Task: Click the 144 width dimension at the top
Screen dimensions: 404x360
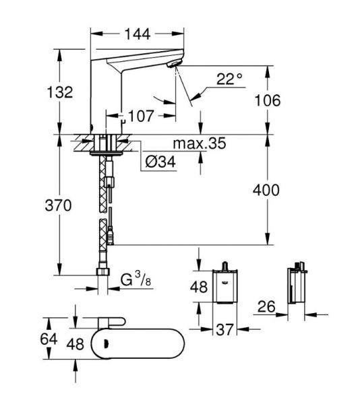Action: [138, 32]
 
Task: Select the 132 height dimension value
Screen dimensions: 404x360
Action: [60, 92]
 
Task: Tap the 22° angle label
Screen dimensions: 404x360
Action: [229, 79]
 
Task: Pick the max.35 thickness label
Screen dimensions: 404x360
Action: [198, 144]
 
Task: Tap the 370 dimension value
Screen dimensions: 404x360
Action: [60, 207]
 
